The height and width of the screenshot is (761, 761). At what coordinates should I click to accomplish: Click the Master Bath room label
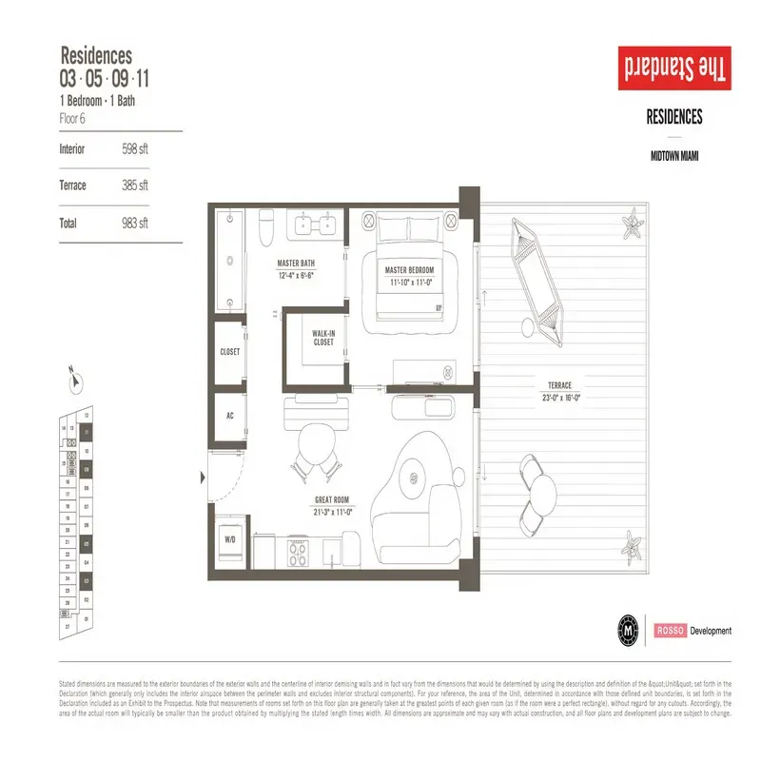pyautogui.click(x=296, y=263)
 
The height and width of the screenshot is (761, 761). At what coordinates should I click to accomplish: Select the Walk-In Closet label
pyautogui.click(x=322, y=338)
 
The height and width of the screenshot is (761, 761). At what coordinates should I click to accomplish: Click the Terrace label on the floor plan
pyautogui.click(x=559, y=385)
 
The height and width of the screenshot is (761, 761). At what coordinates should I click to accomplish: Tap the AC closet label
pyautogui.click(x=229, y=416)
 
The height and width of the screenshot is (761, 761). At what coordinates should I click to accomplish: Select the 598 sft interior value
pyautogui.click(x=135, y=149)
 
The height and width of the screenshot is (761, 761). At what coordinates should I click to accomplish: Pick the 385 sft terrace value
pyautogui.click(x=135, y=185)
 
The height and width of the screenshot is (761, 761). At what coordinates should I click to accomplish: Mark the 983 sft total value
pyautogui.click(x=135, y=224)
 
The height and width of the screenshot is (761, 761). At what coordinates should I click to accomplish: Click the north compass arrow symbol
pyautogui.click(x=73, y=379)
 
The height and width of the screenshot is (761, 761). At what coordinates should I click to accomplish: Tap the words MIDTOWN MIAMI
pyautogui.click(x=674, y=154)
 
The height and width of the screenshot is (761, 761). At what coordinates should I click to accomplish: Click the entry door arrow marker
pyautogui.click(x=203, y=476)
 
